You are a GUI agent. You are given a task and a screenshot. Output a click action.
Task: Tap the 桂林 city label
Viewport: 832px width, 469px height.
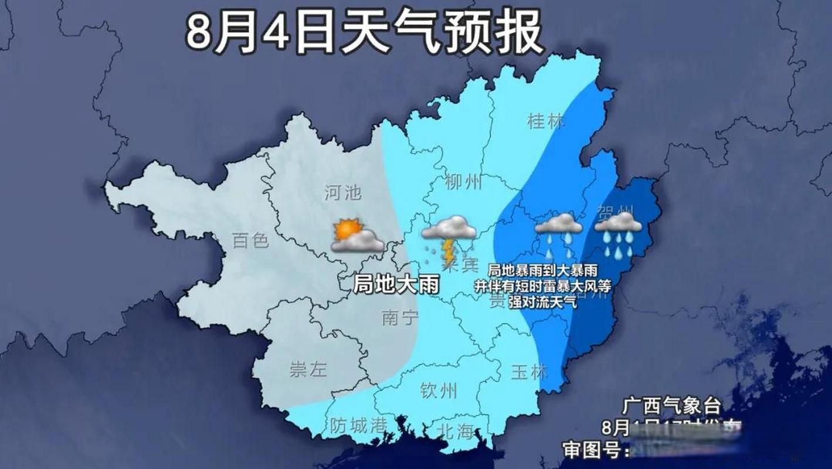546,121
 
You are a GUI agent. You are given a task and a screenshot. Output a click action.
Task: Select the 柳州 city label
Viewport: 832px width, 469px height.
463,182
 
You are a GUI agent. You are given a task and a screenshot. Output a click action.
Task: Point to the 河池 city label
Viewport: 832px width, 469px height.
343,192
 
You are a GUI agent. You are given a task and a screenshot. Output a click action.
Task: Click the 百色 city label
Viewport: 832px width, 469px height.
250,240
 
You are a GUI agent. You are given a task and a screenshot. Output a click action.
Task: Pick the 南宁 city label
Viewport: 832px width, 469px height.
400,318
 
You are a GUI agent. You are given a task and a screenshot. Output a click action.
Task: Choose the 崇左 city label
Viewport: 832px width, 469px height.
308,370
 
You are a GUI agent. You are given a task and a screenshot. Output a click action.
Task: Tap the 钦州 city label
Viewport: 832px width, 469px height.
439,390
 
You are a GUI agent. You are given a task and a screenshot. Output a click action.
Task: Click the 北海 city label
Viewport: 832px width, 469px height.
455,432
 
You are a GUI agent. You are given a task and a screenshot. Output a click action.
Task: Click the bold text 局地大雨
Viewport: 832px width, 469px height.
396,284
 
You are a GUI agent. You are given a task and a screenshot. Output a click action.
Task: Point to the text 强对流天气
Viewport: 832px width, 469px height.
542,303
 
